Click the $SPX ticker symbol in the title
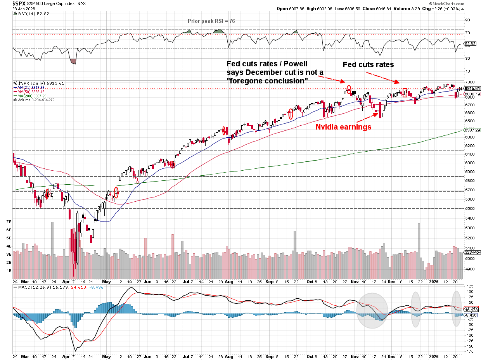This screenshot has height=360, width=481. (9, 3)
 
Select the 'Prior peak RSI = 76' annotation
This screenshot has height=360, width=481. (211, 21)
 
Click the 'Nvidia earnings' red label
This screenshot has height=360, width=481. (343, 127)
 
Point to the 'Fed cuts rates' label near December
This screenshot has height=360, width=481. (368, 65)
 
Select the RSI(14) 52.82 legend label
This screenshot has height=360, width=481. (29, 14)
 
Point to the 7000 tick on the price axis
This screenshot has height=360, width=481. (469, 82)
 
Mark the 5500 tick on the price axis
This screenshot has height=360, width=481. (469, 209)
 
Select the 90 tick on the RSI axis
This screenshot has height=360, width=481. (468, 19)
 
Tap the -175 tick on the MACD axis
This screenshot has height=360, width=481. (469, 351)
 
